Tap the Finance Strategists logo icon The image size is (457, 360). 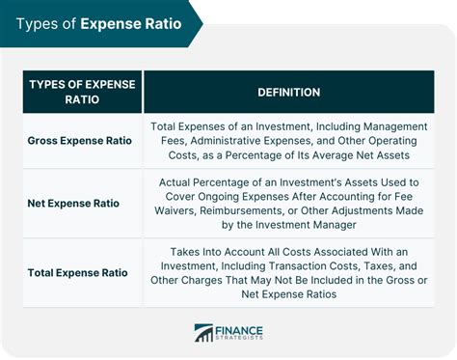coord(203,333)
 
